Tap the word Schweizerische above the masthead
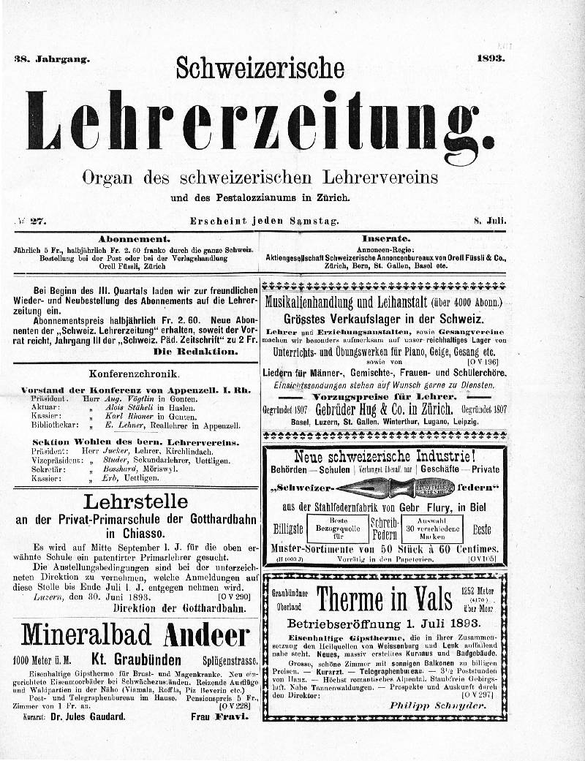[260, 68]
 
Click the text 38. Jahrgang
[51, 59]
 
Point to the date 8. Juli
[490, 220]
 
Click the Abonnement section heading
[135, 238]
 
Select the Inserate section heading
[385, 238]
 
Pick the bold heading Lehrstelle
[135, 501]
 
